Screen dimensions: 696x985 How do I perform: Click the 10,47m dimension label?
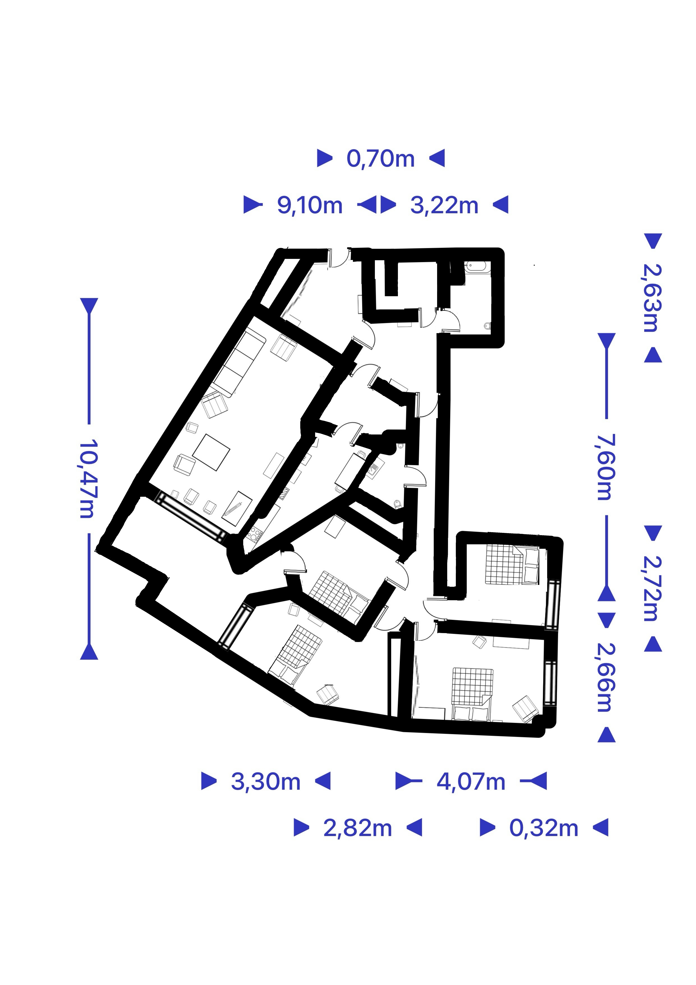(x=89, y=478)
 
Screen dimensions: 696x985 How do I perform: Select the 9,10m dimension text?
(x=310, y=205)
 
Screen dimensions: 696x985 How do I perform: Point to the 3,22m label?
(x=444, y=205)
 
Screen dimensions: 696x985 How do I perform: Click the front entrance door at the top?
(x=340, y=258)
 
